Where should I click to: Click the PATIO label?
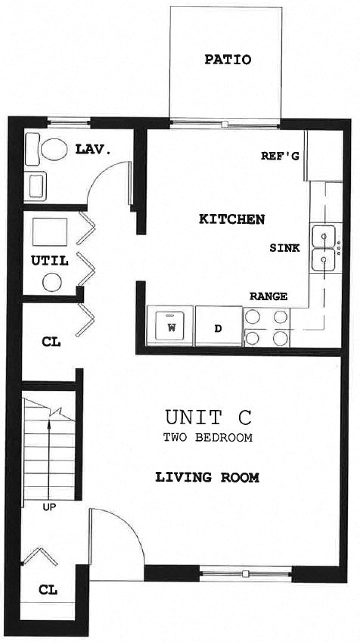[228, 60]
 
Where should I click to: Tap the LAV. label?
[93, 150]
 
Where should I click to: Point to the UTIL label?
[50, 261]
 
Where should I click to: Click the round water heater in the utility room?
[51, 283]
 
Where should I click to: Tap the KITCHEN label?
[231, 219]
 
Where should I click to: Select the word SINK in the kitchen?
[285, 248]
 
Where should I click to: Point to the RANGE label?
[268, 296]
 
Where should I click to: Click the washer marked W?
[171, 328]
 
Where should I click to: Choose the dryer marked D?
[218, 328]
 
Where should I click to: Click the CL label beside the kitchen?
[51, 342]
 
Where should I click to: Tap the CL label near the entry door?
[47, 589]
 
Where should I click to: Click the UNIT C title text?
[207, 417]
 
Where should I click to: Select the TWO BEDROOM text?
[207, 437]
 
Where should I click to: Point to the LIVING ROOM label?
[207, 478]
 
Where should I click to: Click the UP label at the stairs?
[48, 507]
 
